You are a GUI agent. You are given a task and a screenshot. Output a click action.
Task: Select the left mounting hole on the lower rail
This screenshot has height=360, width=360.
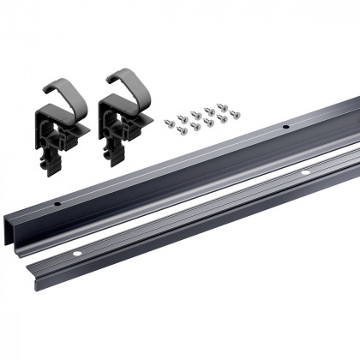coord(75,255)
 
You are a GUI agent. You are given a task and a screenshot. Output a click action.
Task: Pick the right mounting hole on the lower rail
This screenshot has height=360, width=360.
coord(304,175)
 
